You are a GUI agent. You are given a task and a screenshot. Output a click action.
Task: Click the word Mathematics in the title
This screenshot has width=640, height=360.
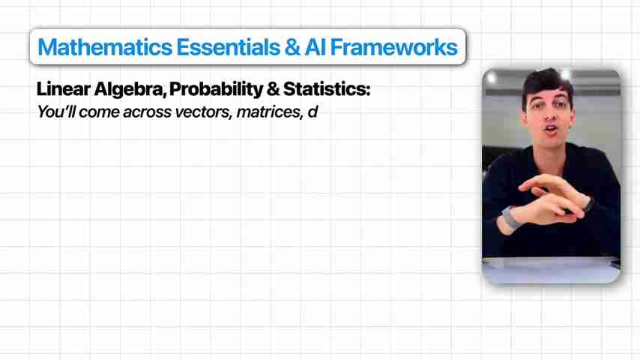click(x=105, y=47)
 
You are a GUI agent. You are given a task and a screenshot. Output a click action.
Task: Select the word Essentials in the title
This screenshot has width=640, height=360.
click(x=228, y=47)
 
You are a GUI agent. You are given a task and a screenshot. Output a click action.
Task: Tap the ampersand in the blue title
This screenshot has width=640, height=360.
click(x=292, y=47)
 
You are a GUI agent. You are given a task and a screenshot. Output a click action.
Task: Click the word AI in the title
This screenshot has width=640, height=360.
click(x=315, y=47)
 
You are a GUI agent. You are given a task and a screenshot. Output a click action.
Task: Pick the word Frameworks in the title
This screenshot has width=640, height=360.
click(x=393, y=47)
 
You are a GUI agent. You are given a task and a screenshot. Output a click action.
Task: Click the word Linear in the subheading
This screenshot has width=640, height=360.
click(x=63, y=89)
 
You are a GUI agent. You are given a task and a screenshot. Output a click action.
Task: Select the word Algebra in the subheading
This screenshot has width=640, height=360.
click(x=130, y=90)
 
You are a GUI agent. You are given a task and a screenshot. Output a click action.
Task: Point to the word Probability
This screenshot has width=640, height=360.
click(x=216, y=90)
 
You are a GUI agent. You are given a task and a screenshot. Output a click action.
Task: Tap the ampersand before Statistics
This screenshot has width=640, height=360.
click(x=273, y=89)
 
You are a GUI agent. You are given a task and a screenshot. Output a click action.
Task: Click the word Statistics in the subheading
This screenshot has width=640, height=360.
click(x=327, y=89)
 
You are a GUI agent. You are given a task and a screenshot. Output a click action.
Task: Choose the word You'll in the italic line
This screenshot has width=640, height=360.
click(x=56, y=112)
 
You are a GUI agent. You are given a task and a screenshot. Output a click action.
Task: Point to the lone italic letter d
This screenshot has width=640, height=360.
click(x=313, y=112)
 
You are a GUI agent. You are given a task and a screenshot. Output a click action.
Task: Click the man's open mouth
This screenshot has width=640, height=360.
click(x=552, y=130)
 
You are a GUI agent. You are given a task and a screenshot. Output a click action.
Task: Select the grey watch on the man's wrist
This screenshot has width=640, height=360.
click(x=509, y=217)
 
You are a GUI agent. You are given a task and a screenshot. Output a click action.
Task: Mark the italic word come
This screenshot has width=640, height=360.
click(x=100, y=113)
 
